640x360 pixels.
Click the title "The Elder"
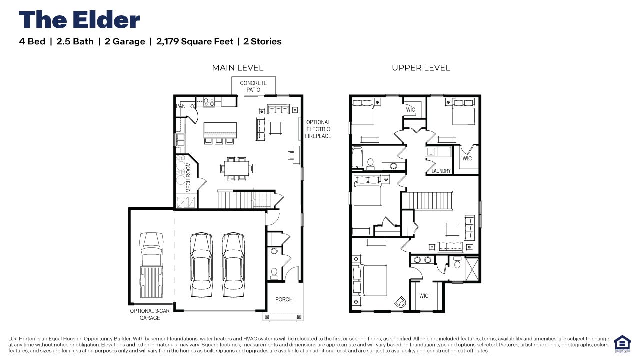79,20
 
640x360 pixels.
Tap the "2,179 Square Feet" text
194,41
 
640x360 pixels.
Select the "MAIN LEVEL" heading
237,68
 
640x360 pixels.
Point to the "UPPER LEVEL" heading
421,68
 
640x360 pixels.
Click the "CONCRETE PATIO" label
253,86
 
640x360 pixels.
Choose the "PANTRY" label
185,106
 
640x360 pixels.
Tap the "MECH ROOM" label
189,177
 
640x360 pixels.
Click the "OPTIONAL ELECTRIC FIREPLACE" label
318,129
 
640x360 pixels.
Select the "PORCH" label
284,299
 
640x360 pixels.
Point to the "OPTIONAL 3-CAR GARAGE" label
150,314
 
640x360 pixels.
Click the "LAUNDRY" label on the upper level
441,171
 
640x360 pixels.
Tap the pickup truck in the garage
151,263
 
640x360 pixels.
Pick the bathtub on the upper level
357,158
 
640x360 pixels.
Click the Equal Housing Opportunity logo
622,344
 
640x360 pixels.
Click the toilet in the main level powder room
274,272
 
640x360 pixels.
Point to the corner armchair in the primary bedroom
400,302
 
